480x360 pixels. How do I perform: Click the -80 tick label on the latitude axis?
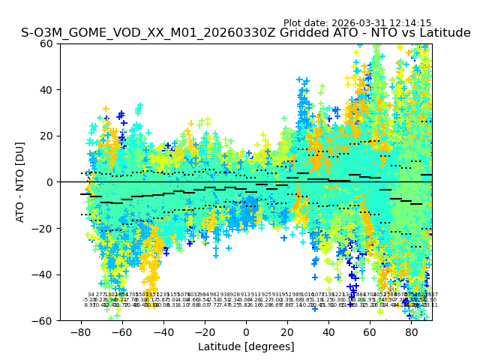(x=80, y=331)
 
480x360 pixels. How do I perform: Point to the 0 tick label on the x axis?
(x=246, y=331)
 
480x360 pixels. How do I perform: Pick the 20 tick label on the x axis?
(x=287, y=331)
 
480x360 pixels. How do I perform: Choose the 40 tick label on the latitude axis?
(x=328, y=331)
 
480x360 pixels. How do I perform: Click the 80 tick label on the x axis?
(x=412, y=331)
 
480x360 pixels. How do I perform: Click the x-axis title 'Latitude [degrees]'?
(x=246, y=346)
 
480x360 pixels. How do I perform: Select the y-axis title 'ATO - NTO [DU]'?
(x=21, y=182)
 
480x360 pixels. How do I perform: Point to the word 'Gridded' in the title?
(x=258, y=33)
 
